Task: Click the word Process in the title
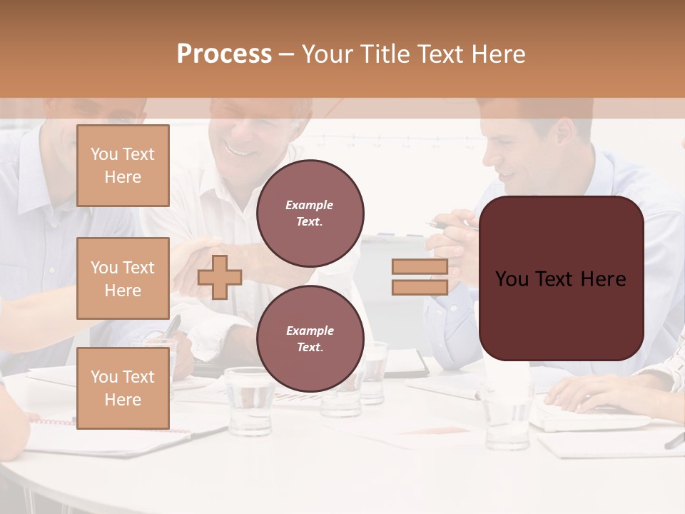(x=224, y=54)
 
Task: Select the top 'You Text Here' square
(x=123, y=166)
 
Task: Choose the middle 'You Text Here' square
(x=123, y=278)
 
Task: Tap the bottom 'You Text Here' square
(x=123, y=388)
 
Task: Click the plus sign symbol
(x=220, y=277)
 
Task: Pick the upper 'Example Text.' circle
(x=310, y=213)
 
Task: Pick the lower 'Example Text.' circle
(x=310, y=338)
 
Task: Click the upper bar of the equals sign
(x=420, y=267)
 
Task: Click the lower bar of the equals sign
(x=420, y=288)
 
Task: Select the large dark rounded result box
(x=561, y=278)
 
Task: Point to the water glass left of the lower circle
(x=249, y=400)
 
